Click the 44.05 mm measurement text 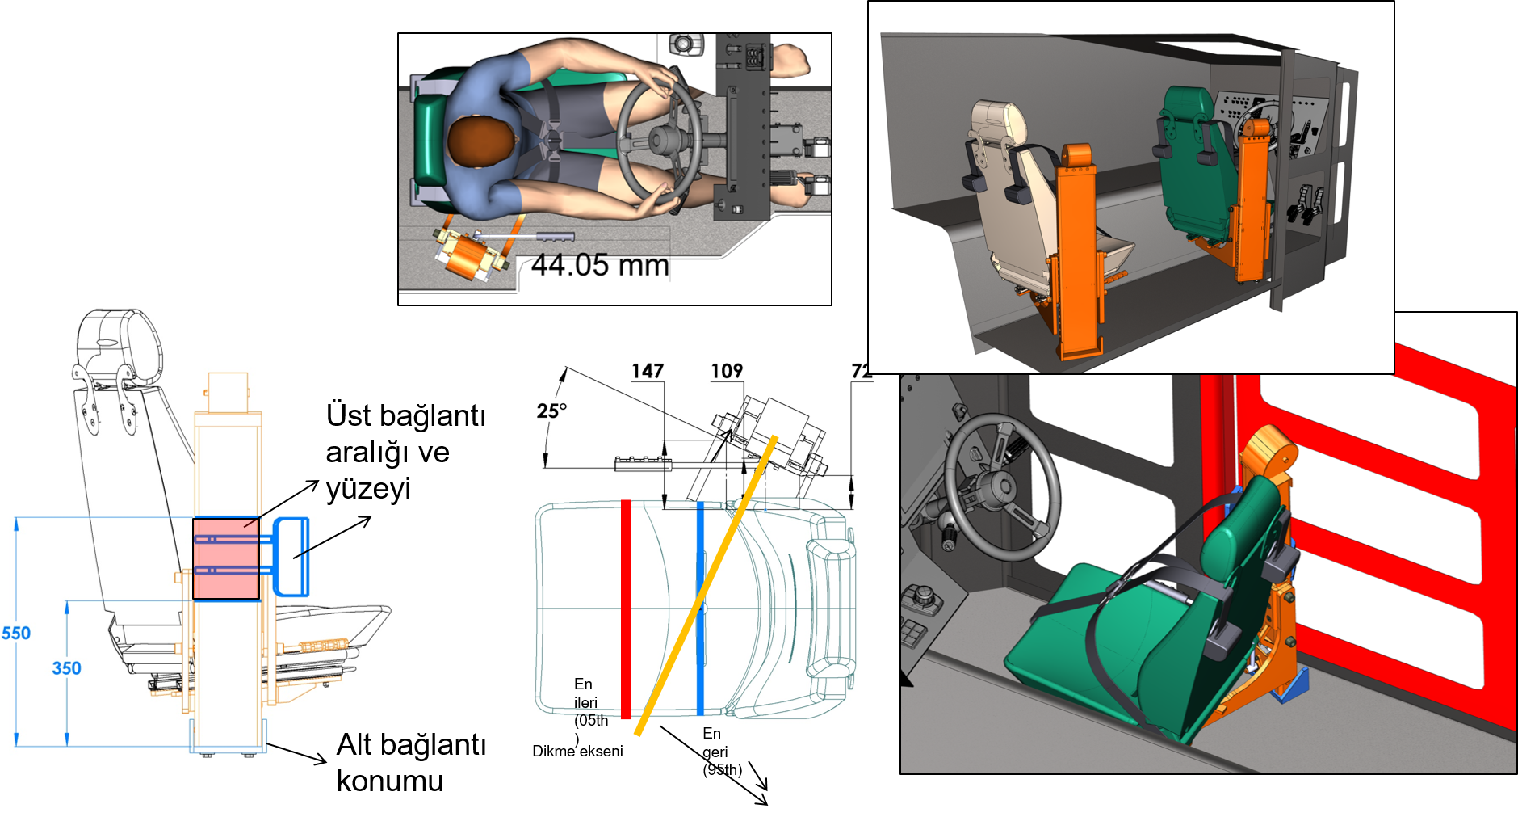coord(600,265)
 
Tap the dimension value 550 coord(16,633)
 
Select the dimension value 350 coord(66,668)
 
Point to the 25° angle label coord(551,411)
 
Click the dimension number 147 coord(648,371)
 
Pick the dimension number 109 coord(727,371)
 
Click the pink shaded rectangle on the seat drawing coord(226,558)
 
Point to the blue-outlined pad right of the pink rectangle coord(291,557)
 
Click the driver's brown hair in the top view coord(480,142)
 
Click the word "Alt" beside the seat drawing coord(354,744)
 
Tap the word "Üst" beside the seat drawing coord(348,415)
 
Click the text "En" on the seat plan coord(583,684)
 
